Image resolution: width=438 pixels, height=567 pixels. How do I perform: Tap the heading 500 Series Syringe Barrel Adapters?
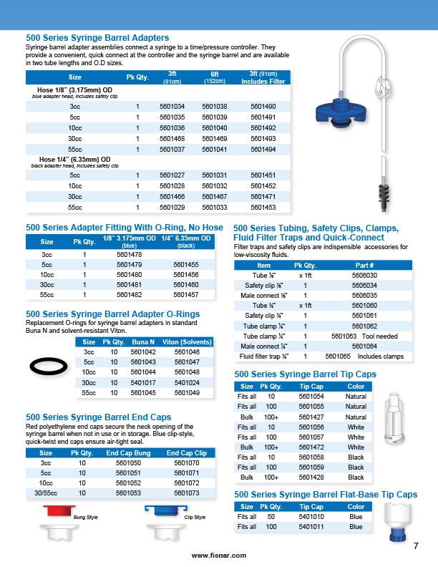97,37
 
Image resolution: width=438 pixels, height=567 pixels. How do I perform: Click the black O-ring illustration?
49,367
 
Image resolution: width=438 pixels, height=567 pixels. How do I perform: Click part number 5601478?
129,255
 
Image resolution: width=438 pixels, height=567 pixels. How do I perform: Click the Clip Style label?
195,518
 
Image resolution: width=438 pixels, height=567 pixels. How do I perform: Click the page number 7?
416,547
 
